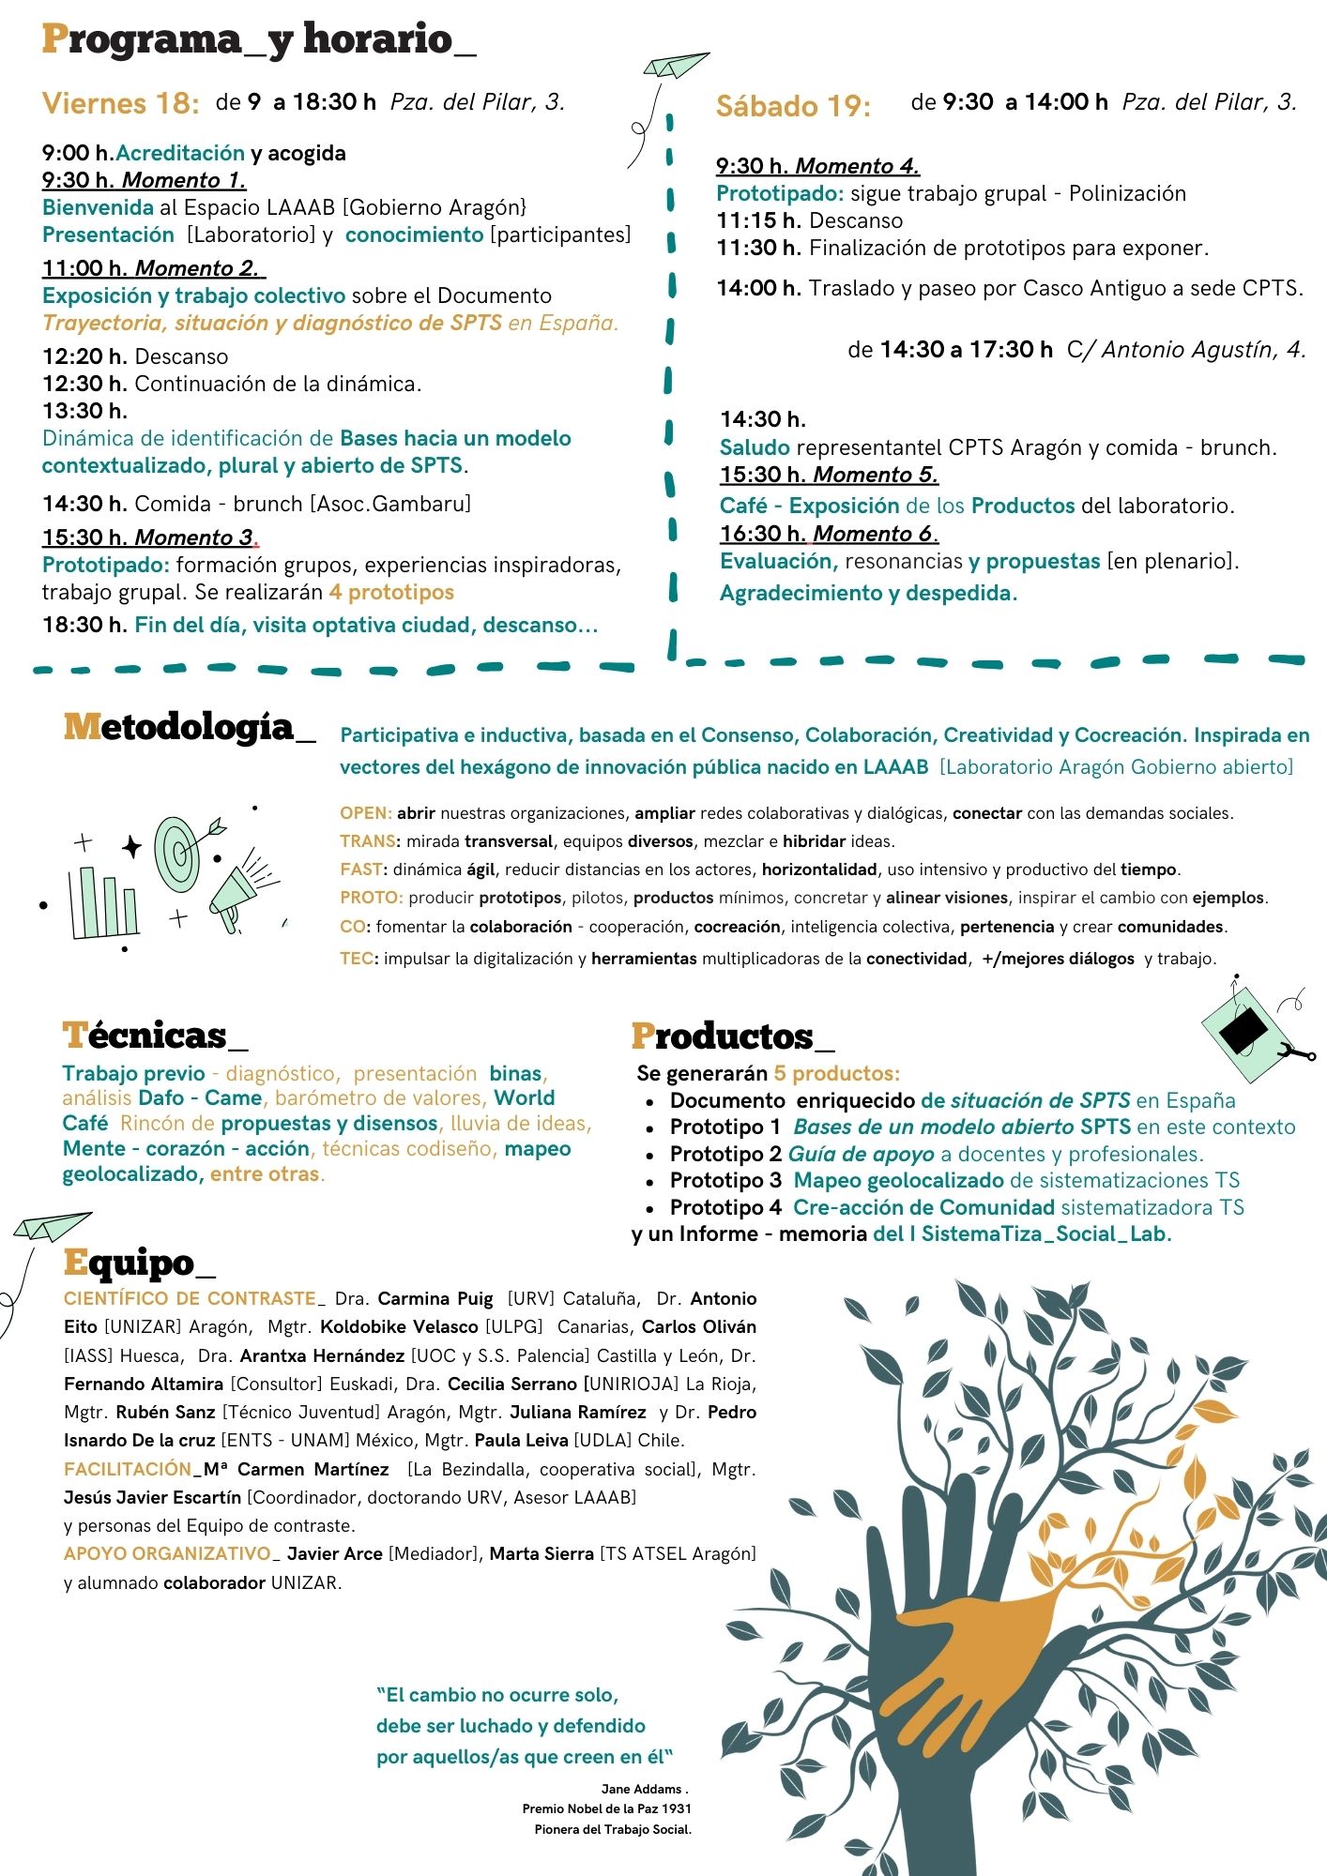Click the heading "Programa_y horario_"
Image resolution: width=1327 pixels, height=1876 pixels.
pyautogui.click(x=258, y=40)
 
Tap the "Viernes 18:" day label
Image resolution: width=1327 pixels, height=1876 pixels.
pyautogui.click(x=120, y=103)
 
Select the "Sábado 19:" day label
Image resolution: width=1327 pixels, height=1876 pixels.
pyautogui.click(x=793, y=106)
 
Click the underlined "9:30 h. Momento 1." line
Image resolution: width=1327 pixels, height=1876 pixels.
pyautogui.click(x=144, y=180)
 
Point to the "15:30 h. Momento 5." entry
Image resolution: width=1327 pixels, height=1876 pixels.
pyautogui.click(x=829, y=475)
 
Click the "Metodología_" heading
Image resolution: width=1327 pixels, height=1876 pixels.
pyautogui.click(x=189, y=728)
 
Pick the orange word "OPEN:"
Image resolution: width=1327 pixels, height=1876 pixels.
pyautogui.click(x=365, y=813)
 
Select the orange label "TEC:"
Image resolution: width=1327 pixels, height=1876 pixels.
pyautogui.click(x=357, y=959)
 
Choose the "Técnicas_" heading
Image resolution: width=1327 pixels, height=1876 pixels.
pyautogui.click(x=155, y=1036)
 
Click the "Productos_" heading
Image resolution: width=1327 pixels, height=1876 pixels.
pyautogui.click(x=732, y=1036)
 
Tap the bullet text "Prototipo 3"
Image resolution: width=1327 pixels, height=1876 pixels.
pyautogui.click(x=725, y=1180)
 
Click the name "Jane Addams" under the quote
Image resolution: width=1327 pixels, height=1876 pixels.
pyautogui.click(x=643, y=1789)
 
